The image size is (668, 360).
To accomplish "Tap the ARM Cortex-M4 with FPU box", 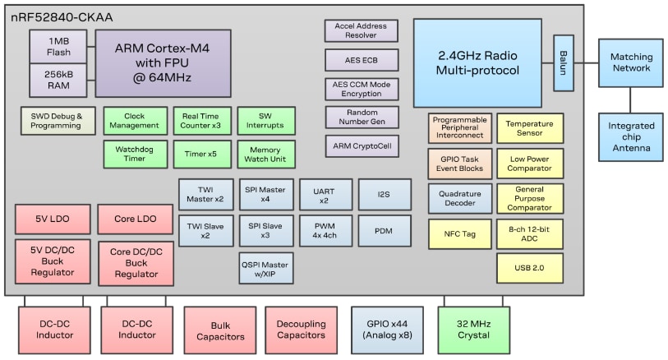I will click(163, 63).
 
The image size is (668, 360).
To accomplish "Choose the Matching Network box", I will click(630, 62).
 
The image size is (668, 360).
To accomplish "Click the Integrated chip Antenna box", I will click(630, 136).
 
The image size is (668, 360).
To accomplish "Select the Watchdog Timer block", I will click(135, 154).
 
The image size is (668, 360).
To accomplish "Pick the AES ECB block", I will click(362, 60).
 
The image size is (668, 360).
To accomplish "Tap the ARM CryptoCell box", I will click(362, 146).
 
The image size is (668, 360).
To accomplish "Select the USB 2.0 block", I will click(530, 268).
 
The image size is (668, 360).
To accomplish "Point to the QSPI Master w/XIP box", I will click(266, 268).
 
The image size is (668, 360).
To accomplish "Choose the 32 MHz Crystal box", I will click(474, 330).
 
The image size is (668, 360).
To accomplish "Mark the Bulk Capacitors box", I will click(220, 330).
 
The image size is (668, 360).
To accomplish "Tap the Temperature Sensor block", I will click(530, 128).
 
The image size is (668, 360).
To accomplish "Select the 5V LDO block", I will click(53, 219).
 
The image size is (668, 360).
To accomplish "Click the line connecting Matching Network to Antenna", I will click(630, 99).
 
